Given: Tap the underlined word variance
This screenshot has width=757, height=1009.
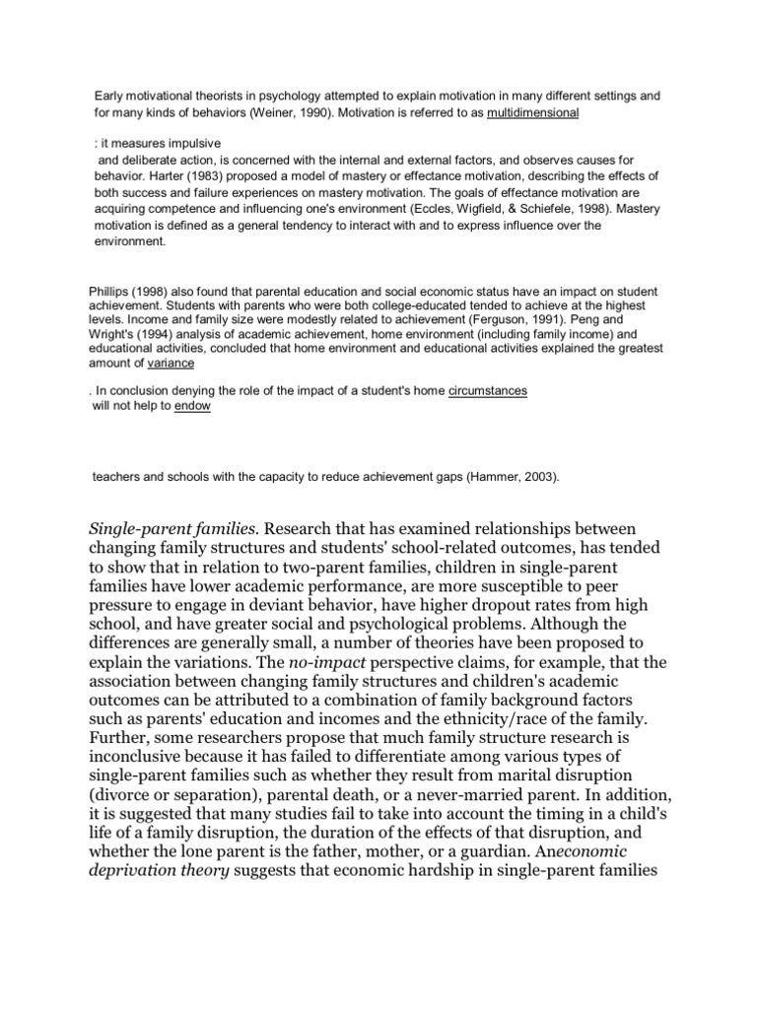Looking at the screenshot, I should [169, 364].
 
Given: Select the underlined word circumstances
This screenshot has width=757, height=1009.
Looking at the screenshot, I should [488, 390].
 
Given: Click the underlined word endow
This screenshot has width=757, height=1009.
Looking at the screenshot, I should [192, 405].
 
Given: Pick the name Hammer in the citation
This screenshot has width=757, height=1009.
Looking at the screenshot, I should [485, 476].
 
